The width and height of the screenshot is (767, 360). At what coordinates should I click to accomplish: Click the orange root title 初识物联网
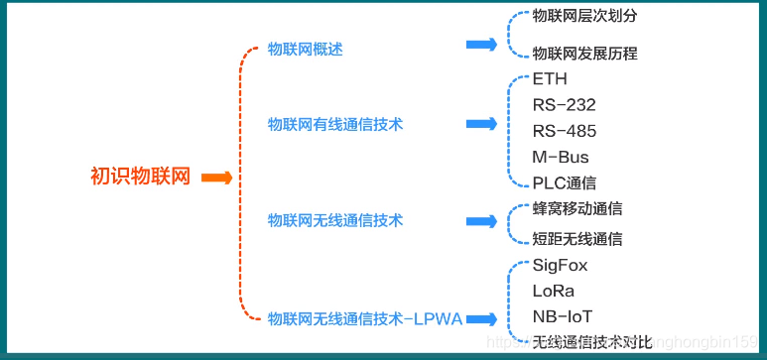tap(140, 178)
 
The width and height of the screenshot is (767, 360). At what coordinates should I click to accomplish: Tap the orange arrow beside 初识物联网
tap(216, 179)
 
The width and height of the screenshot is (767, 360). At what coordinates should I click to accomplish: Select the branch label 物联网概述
tap(305, 49)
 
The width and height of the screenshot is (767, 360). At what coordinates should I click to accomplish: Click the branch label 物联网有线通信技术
tap(335, 124)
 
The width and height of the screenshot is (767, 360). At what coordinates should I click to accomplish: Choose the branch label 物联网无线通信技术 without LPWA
tap(335, 220)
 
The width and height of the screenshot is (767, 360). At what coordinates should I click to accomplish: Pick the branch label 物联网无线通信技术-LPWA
tap(364, 318)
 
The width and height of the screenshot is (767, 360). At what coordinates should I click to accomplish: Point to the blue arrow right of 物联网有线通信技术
tap(481, 124)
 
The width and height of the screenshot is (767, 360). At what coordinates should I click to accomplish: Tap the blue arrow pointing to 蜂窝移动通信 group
tap(481, 221)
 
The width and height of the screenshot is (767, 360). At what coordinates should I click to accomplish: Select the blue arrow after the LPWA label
tap(481, 318)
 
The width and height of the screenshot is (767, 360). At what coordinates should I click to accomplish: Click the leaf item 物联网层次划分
tap(584, 17)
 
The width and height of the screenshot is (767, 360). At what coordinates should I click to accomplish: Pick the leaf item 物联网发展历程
tap(584, 54)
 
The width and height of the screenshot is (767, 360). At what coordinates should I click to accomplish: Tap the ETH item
tap(550, 79)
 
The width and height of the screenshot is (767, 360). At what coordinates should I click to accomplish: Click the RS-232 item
tap(564, 105)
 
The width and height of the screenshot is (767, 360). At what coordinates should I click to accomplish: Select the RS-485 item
tap(564, 131)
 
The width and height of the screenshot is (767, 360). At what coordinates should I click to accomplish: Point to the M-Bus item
tap(560, 157)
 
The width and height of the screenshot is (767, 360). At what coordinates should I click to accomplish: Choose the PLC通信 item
tap(564, 182)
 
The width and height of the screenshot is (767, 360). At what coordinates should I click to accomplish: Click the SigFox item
tap(560, 265)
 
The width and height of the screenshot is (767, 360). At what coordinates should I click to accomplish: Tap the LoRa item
tap(553, 291)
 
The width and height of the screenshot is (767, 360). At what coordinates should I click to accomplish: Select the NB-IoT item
tap(562, 316)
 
